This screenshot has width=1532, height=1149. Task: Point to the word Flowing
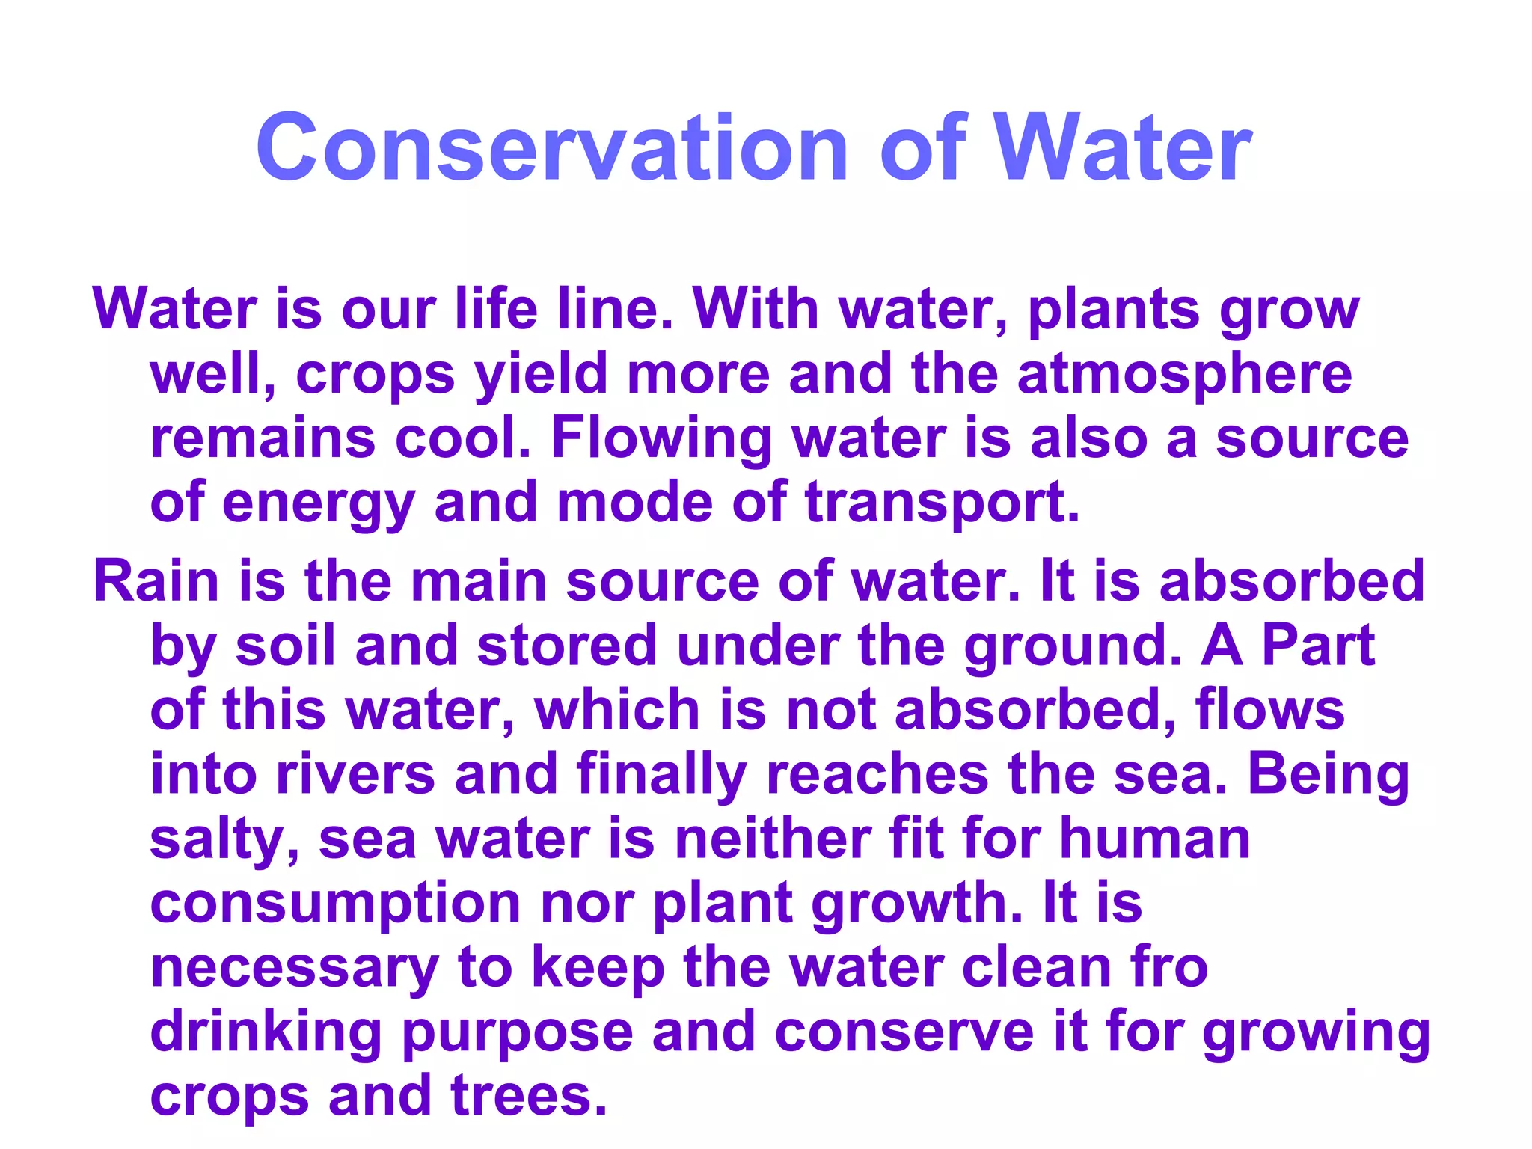(661, 439)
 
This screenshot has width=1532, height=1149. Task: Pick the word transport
(942, 503)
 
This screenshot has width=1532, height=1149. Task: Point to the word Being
(1328, 775)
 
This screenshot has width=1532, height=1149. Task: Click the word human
(1155, 838)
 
